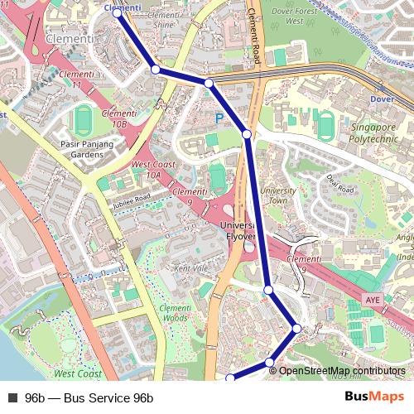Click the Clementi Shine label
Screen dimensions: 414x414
[x=164, y=20]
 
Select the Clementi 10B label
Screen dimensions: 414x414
[x=117, y=118]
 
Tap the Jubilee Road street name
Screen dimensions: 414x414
[x=132, y=200]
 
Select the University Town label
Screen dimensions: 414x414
[x=278, y=195]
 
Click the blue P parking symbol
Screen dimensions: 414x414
[x=219, y=118]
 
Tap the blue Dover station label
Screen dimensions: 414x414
[x=382, y=99]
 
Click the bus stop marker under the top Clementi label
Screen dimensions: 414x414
[x=117, y=13]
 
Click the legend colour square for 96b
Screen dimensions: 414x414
[x=12, y=397]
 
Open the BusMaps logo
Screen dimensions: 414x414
[x=375, y=397]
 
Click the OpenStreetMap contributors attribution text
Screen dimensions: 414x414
[x=342, y=370]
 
